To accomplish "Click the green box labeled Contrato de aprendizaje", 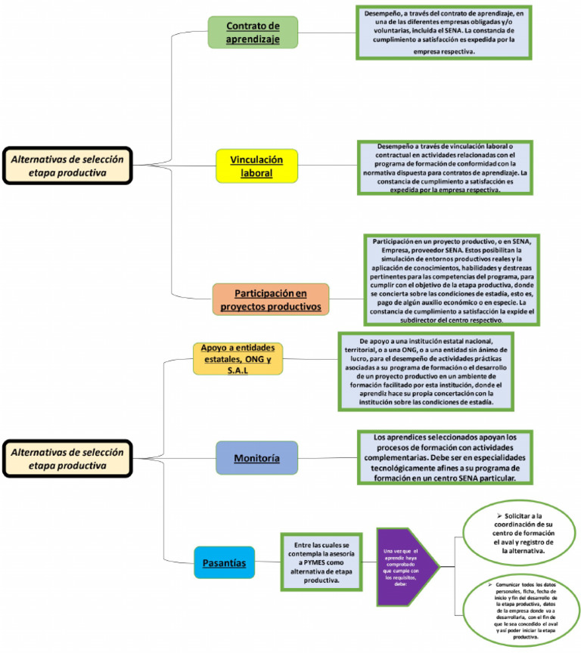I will coord(253,32).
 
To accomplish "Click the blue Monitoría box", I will coord(256,459).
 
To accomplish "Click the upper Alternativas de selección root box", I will coord(67,166).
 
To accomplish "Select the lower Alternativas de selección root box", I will coord(67,459).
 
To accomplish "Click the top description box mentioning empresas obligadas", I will coord(445,32).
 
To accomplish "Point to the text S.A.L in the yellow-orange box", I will coord(237,369).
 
